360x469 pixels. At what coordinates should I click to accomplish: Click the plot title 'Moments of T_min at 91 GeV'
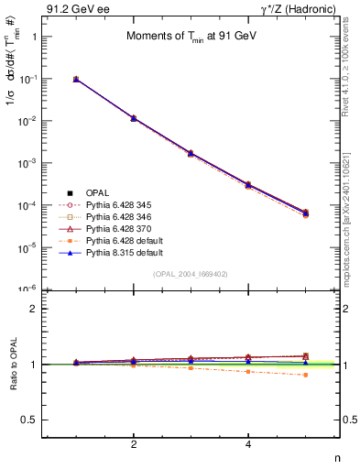tap(191, 36)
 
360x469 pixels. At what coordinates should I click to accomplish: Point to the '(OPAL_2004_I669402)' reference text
tap(191, 274)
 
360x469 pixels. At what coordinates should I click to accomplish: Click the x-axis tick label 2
tap(134, 444)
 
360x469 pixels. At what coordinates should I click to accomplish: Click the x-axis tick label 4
tap(248, 444)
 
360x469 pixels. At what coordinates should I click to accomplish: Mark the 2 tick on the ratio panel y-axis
tap(34, 309)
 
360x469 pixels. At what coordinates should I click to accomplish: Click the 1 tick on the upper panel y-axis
tap(34, 38)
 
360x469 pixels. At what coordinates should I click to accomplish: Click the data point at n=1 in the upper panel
tap(76, 80)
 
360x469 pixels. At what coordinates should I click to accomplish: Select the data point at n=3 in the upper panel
tap(191, 153)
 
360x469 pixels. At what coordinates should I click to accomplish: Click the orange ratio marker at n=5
tap(305, 375)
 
